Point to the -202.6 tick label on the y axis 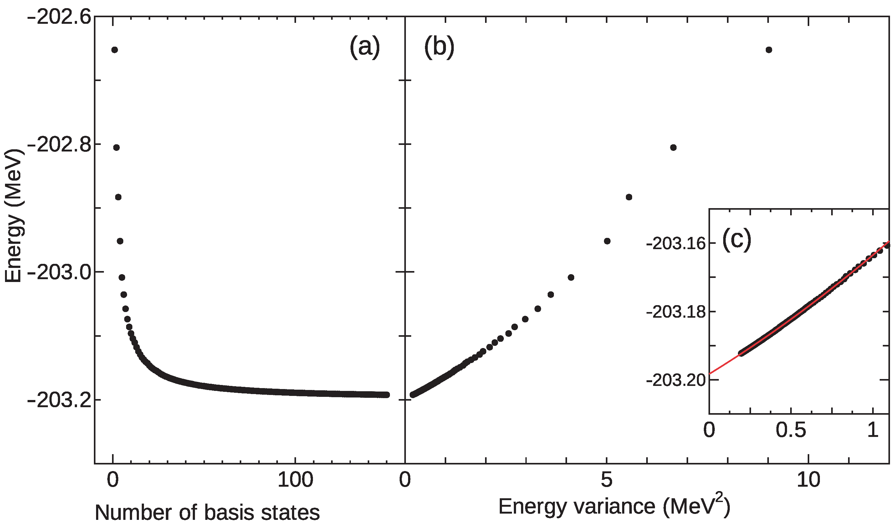(59, 17)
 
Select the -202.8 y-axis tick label (59, 145)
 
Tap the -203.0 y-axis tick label (59, 273)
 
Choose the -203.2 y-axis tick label (59, 401)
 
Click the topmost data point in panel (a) (114, 50)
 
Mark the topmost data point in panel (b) (769, 50)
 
